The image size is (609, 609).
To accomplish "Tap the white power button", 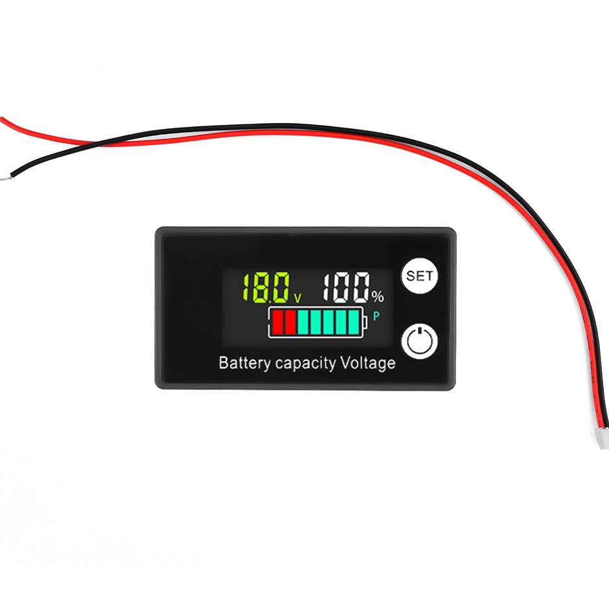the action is tap(419, 341).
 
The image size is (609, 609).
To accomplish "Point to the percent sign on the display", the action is tap(378, 297).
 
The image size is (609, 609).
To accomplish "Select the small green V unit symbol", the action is tap(297, 298).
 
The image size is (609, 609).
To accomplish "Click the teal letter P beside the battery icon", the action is tap(376, 317).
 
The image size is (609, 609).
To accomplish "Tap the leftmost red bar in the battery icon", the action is tap(277, 322).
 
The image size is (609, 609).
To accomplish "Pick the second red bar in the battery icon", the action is tap(290, 322).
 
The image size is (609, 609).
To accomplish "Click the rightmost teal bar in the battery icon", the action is tap(354, 322).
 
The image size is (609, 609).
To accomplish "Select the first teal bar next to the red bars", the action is tap(303, 322).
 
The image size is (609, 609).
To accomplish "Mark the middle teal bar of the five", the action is tap(328, 322).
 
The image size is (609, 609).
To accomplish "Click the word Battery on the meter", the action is tap(245, 363).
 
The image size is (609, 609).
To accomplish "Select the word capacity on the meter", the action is tap(305, 364).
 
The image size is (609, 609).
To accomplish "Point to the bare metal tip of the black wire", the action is tap(6, 178).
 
